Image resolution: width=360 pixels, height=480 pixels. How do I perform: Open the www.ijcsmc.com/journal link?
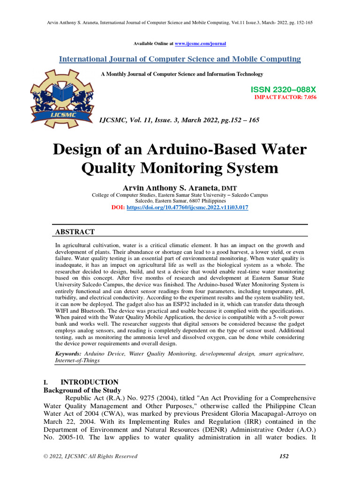pyautogui.click(x=200, y=44)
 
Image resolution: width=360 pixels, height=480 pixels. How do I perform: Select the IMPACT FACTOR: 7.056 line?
pyautogui.click(x=285, y=97)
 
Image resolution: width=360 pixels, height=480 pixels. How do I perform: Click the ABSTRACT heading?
pyautogui.click(x=75, y=232)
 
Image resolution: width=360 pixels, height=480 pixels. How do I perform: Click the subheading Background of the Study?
pyautogui.click(x=82, y=390)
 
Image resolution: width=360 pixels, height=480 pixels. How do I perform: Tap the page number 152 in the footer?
pyautogui.click(x=284, y=456)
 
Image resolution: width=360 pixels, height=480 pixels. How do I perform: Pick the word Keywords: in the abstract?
pyautogui.click(x=68, y=353)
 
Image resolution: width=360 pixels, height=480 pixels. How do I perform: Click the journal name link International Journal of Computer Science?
pyautogui.click(x=180, y=59)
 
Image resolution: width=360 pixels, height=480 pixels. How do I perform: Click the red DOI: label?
pyautogui.click(x=118, y=207)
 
